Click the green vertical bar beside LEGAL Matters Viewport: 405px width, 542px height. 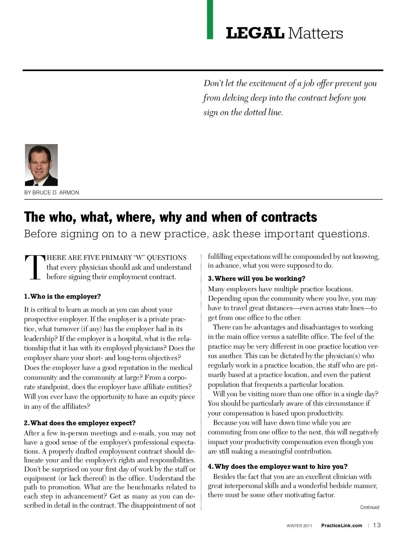[210, 19]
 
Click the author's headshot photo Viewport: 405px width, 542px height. [41, 165]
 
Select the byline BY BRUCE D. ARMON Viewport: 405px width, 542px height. [52, 193]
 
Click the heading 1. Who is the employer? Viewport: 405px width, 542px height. [62, 297]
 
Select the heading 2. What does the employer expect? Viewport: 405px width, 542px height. [80, 423]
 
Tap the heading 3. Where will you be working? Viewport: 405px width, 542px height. [256, 279]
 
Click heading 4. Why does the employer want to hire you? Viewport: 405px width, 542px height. [278, 467]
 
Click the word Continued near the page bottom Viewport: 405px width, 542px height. [370, 507]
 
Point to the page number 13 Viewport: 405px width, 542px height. [377, 525]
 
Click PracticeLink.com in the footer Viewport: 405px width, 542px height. [342, 525]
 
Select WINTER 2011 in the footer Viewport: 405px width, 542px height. [299, 526]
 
